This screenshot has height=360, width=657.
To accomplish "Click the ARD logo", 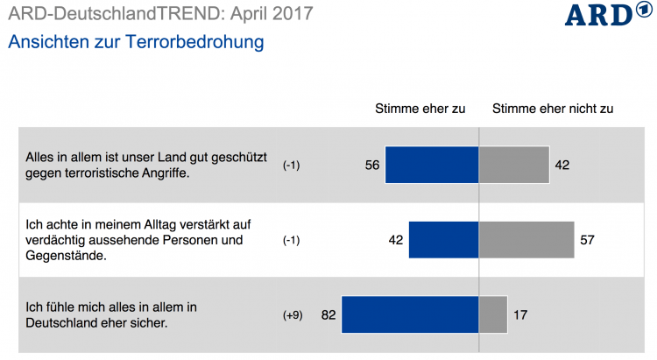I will pos(600,16).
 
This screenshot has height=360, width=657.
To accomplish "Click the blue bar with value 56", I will pos(432,165).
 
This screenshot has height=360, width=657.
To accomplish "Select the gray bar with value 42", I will pos(515,165).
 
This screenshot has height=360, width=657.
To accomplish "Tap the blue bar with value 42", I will pos(443,240).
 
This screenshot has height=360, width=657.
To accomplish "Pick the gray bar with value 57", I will pos(526,240).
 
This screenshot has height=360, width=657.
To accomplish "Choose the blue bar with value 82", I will pos(410,314).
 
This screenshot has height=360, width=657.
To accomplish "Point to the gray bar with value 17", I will pos(493,314).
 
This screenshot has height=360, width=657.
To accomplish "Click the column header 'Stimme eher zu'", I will pos(420,109).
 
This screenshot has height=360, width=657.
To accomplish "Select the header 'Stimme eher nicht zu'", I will pos(553,109).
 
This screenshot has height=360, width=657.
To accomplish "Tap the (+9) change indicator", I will pos(292,315).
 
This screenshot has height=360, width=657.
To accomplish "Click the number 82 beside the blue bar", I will pos(328,315).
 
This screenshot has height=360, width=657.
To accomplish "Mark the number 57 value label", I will pos(587,240).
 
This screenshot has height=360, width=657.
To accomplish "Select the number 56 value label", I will pos(372,165).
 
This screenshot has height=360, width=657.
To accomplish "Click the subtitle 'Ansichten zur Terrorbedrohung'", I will pos(135,41).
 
